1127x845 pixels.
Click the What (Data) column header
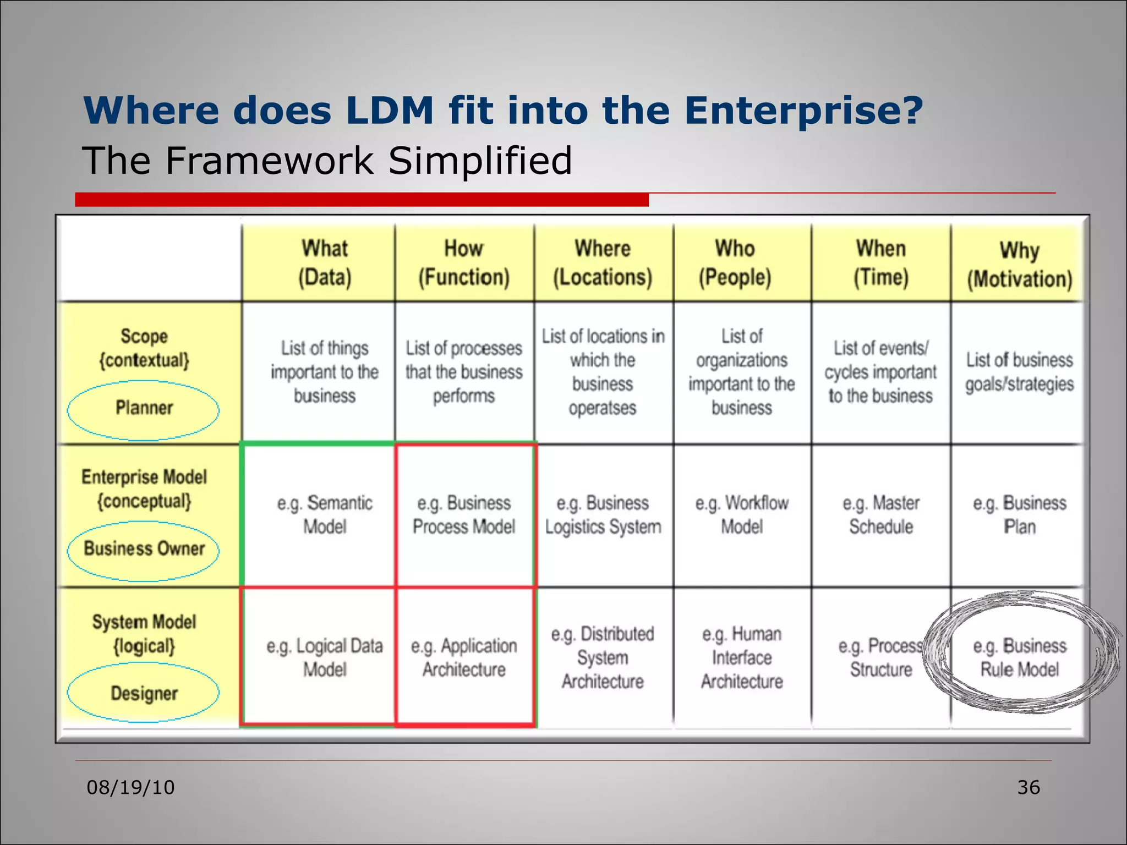[x=325, y=263]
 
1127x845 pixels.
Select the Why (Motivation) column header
[x=1019, y=264]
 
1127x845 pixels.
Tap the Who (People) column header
[x=735, y=263]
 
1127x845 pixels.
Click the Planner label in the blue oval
[x=144, y=408]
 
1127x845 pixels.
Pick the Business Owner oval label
[x=144, y=548]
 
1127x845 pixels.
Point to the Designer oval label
[x=144, y=693]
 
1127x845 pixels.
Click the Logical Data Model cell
[x=325, y=657]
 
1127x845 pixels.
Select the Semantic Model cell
[x=325, y=514]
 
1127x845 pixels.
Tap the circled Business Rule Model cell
[x=1019, y=657]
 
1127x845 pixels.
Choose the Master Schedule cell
[x=880, y=514]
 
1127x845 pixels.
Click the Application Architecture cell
[x=464, y=657]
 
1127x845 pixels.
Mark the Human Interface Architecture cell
[x=741, y=657]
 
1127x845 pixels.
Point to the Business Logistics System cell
[x=603, y=514]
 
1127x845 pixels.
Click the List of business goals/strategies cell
[x=1019, y=372]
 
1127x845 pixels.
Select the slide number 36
[x=1028, y=787]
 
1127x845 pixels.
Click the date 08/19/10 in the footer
[x=130, y=787]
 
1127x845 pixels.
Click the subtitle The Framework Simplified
[x=327, y=161]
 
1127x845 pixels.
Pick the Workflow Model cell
[x=741, y=514]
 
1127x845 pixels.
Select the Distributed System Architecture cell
[x=603, y=657]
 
